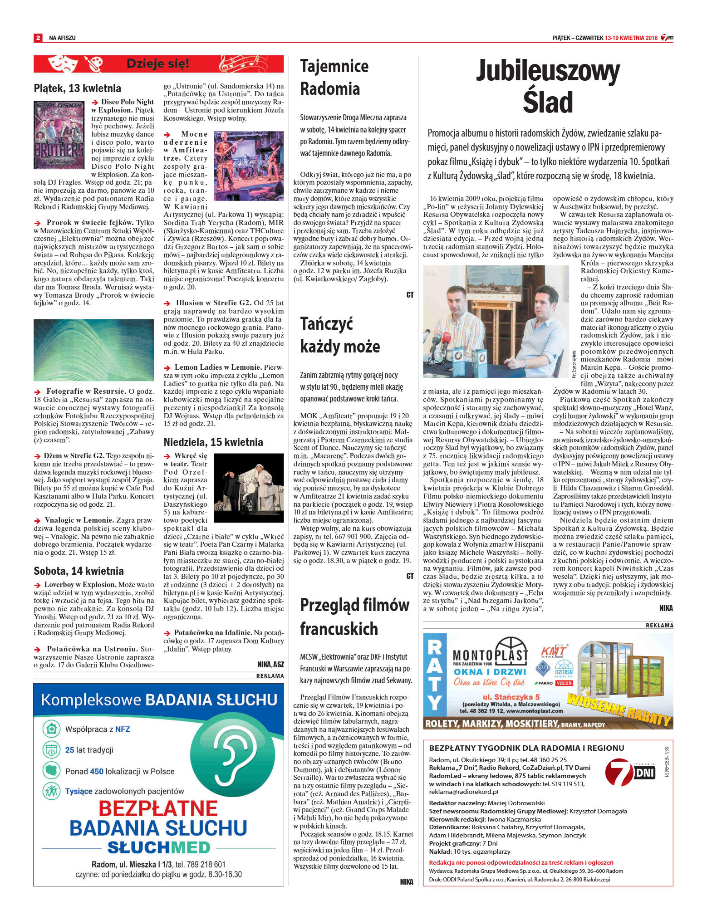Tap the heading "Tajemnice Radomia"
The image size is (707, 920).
(x=334, y=77)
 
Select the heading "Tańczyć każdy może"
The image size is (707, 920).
(x=339, y=335)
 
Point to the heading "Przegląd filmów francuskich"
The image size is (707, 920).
(x=354, y=617)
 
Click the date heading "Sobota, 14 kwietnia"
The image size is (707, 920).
(x=79, y=571)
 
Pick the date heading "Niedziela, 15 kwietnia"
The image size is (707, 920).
(x=213, y=442)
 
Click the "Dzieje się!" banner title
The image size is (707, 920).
(x=158, y=64)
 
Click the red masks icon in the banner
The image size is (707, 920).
(x=60, y=64)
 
